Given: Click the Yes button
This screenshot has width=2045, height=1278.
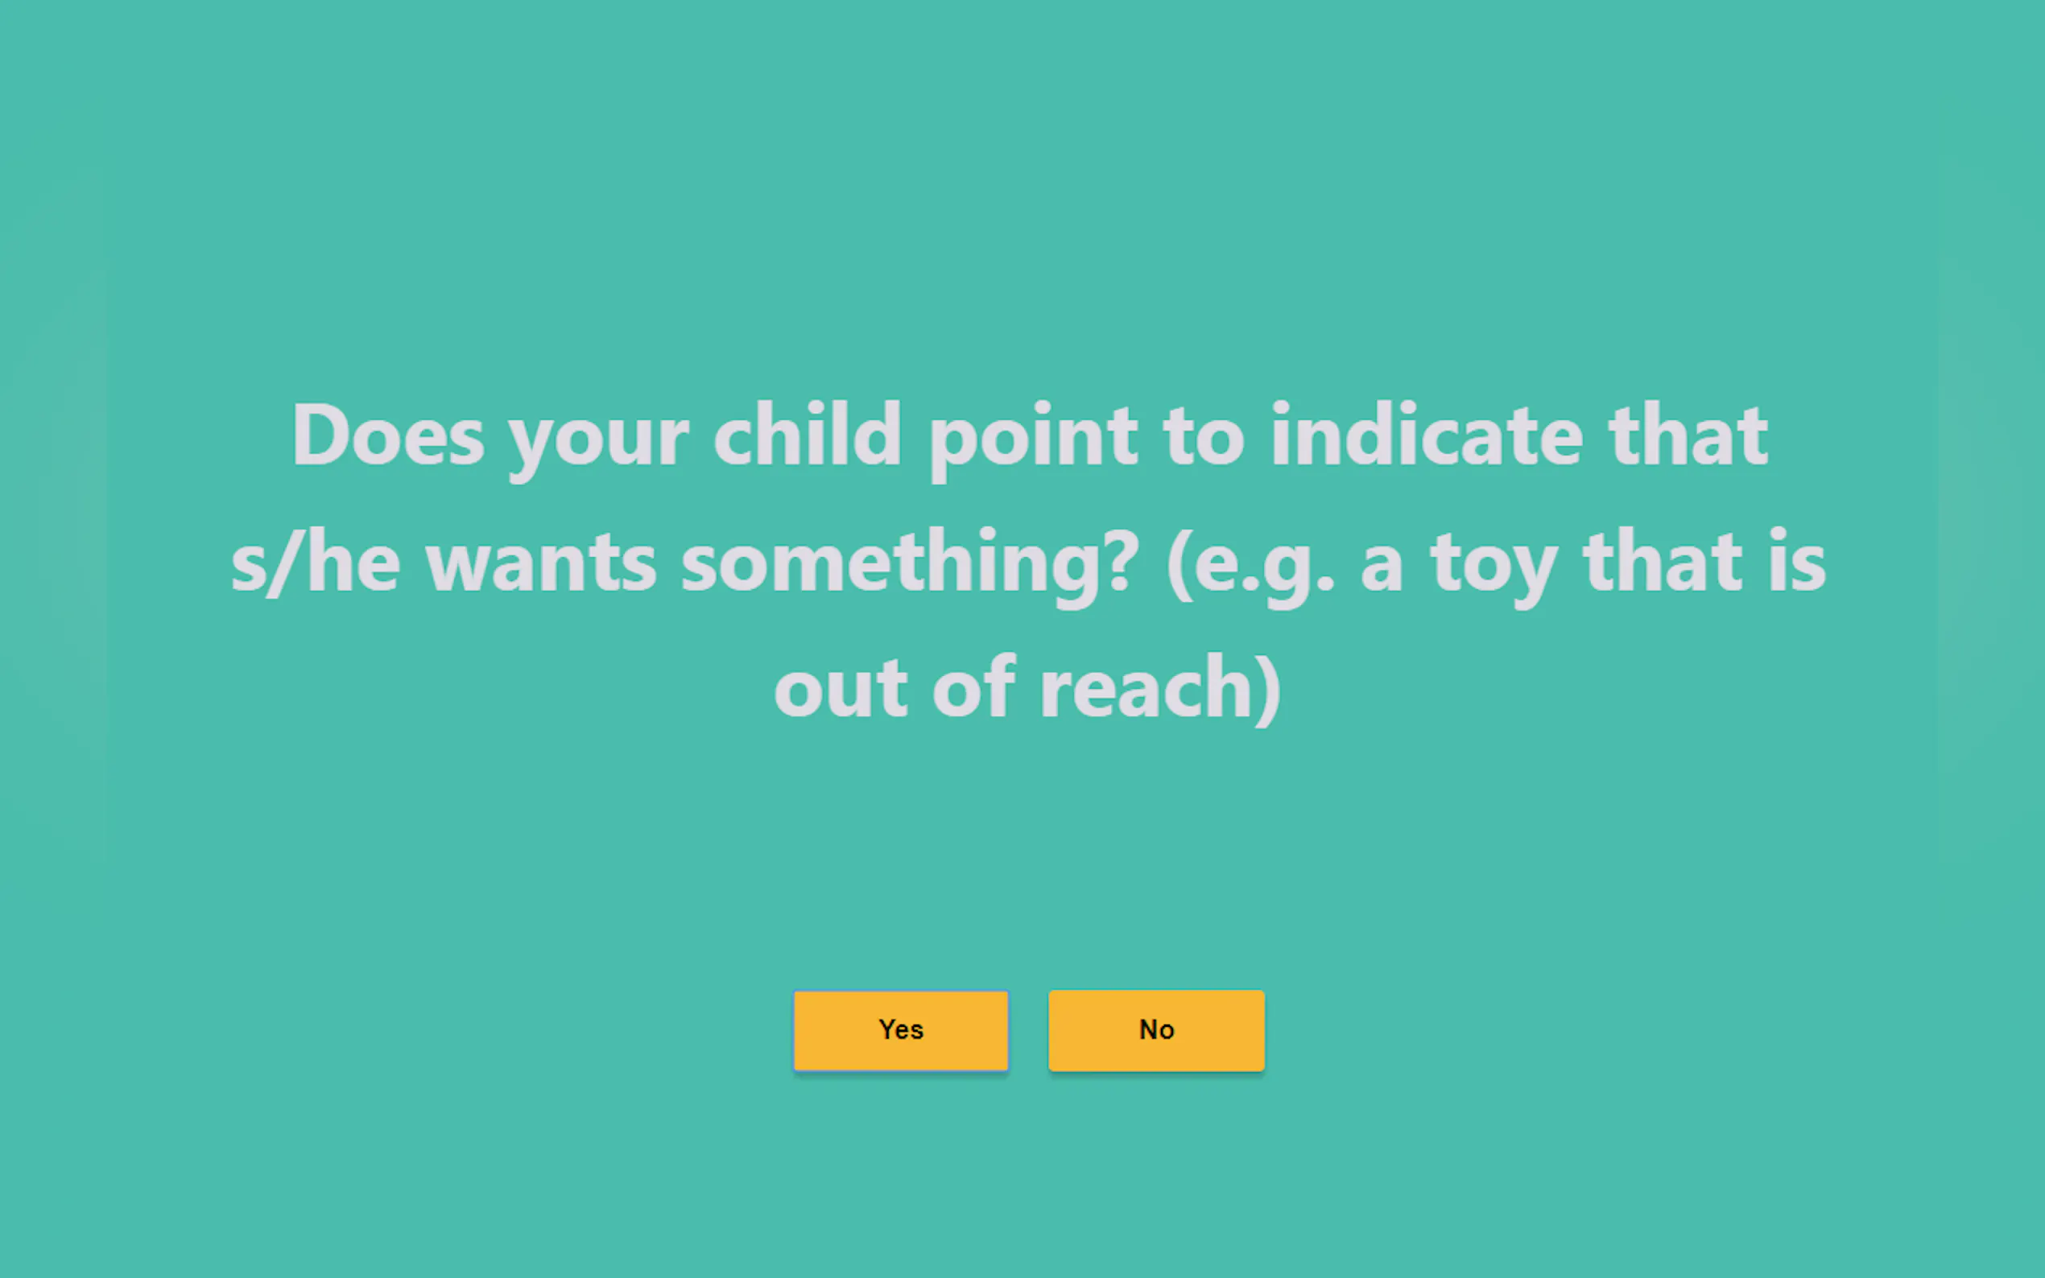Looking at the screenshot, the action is (x=900, y=1029).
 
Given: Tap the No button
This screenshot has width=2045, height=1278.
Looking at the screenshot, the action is (x=1155, y=1029).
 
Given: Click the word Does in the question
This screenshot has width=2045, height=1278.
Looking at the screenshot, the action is (x=388, y=435).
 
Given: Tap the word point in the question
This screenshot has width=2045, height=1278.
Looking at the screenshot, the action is (x=1032, y=439).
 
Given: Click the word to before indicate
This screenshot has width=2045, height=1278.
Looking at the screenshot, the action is (x=1204, y=438).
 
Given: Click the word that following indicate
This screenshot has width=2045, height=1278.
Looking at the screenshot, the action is (x=1688, y=435).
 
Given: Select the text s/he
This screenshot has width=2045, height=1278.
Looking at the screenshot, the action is (x=316, y=560).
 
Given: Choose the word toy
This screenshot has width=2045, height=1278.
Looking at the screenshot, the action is (x=1493, y=569).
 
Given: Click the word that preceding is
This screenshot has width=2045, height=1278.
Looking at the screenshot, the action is (x=1663, y=559).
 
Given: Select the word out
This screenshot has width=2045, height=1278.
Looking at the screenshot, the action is (x=841, y=689).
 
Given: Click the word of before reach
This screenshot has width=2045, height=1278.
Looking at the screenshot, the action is (x=973, y=685).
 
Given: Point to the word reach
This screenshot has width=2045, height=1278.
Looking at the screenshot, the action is (x=1146, y=685).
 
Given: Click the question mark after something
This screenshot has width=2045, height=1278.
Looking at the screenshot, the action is (x=1123, y=559).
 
